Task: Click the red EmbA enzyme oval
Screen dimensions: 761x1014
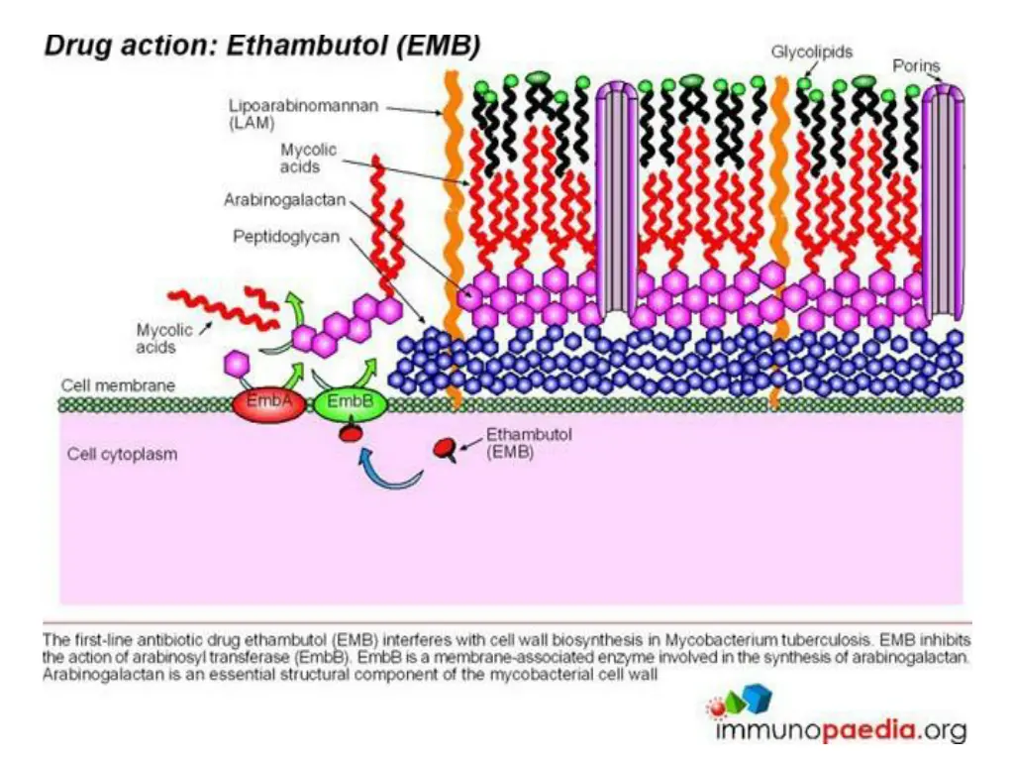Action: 260,403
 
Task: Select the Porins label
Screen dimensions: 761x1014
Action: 916,65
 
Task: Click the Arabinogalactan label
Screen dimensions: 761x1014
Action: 284,200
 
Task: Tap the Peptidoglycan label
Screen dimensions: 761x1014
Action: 286,237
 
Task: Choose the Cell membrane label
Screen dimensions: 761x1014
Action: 104,384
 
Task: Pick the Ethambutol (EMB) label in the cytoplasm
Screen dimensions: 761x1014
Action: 515,443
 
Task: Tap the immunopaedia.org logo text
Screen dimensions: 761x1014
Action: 840,731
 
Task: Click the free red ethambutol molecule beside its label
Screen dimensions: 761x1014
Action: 447,449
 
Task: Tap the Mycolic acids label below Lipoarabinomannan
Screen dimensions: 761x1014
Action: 308,158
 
